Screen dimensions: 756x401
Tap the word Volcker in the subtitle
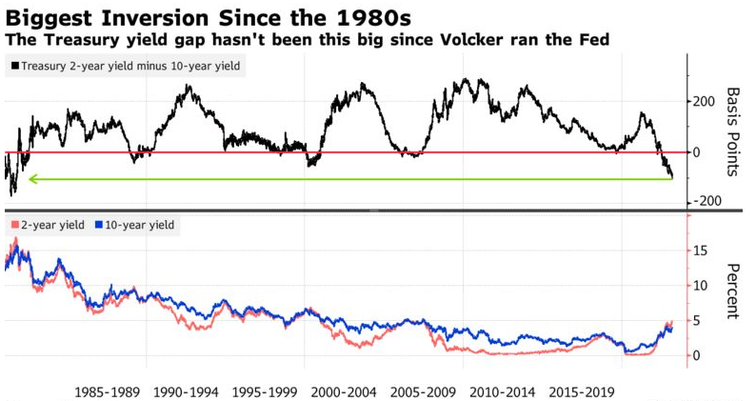pyautogui.click(x=475, y=39)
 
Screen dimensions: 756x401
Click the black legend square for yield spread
pyautogui.click(x=15, y=66)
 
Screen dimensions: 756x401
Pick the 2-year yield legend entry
pyautogui.click(x=48, y=225)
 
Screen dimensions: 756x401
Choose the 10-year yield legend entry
pyautogui.click(x=135, y=225)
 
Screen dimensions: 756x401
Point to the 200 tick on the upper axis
pyautogui.click(x=704, y=102)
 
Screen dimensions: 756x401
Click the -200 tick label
pyautogui.click(x=706, y=201)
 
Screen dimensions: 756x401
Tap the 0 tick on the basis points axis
pyautogui.click(x=696, y=152)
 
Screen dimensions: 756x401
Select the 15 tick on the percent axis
pyautogui.click(x=700, y=251)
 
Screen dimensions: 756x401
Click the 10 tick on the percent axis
pyautogui.click(x=700, y=286)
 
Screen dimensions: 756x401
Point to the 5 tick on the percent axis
pyautogui.click(x=696, y=321)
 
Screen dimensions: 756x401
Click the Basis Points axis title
pyautogui.click(x=733, y=131)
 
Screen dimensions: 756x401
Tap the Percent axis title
pyautogui.click(x=733, y=291)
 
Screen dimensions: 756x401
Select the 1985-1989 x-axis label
pyautogui.click(x=108, y=391)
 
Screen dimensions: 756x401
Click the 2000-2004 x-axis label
pyautogui.click(x=344, y=391)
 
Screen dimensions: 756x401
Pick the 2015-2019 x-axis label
pyautogui.click(x=582, y=391)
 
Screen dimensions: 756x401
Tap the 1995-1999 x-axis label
pyautogui.click(x=266, y=391)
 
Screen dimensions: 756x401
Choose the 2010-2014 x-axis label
pyautogui.click(x=503, y=391)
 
